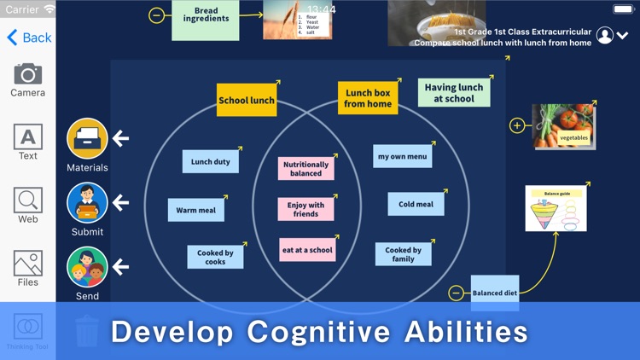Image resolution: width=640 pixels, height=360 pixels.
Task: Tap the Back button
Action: click(29, 38)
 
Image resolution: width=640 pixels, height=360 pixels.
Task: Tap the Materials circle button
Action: click(87, 138)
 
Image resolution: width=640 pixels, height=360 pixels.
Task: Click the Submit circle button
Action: click(87, 203)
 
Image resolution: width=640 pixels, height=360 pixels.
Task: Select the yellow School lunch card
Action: click(247, 100)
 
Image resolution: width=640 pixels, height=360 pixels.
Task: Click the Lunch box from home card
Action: click(368, 98)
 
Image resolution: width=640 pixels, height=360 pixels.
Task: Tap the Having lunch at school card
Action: click(454, 92)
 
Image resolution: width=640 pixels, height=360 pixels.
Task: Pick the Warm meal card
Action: click(196, 210)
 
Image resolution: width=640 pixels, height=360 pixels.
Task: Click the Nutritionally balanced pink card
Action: click(305, 169)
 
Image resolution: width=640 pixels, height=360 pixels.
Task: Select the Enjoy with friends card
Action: click(305, 209)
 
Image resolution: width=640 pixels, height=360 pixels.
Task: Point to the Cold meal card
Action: click(416, 204)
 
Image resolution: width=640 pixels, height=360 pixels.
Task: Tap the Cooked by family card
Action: click(403, 254)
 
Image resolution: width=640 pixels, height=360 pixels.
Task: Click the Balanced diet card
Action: click(495, 292)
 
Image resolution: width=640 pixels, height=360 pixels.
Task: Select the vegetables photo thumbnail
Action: click(563, 126)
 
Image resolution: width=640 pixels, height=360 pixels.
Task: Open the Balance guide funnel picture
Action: click(556, 209)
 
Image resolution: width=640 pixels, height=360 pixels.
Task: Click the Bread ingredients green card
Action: click(206, 18)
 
